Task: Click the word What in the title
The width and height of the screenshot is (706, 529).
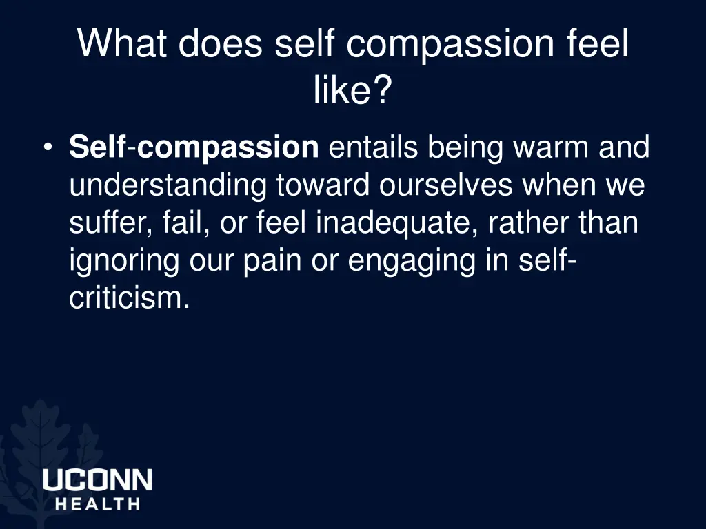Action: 122,44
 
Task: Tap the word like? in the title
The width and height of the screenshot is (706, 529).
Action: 352,90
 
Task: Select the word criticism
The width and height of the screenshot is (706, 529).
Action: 129,300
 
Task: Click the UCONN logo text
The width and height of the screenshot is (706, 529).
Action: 97,480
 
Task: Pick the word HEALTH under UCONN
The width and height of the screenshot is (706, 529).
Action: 97,504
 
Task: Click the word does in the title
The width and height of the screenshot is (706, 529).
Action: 221,44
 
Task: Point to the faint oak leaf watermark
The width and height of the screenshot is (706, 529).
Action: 41,441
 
